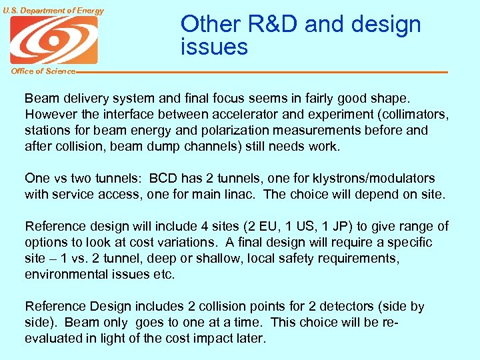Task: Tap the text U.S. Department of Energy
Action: pyautogui.click(x=53, y=10)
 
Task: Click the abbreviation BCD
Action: pyautogui.click(x=164, y=178)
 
